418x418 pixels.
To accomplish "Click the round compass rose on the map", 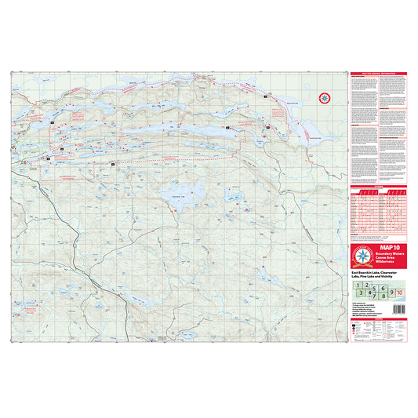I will pos(324,98).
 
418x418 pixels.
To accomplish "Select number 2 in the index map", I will pos(367,285).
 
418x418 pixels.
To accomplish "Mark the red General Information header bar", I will pos(379,75).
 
